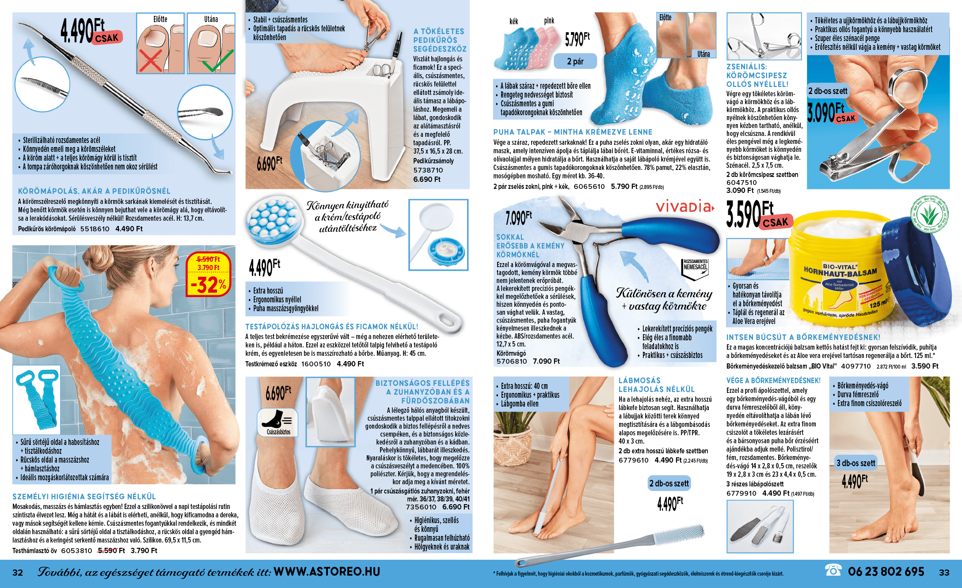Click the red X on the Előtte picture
[x=150, y=60]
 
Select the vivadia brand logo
[x=684, y=206]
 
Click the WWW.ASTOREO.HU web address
[x=327, y=572]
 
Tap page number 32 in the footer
[x=18, y=573]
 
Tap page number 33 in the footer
[x=944, y=573]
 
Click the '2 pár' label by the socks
[x=575, y=61]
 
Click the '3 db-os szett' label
[x=856, y=463]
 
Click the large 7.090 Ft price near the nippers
[x=519, y=217]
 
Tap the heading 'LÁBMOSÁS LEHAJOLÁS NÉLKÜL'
[x=657, y=385]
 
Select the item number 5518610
[x=95, y=229]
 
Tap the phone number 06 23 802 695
[x=886, y=572]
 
